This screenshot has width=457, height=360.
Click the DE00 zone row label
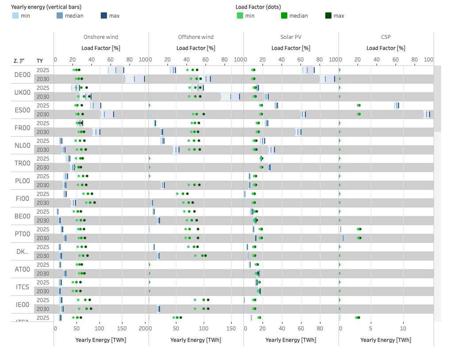click(23, 75)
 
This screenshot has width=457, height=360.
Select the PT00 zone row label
click(23, 234)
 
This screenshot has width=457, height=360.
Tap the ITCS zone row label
click(23, 287)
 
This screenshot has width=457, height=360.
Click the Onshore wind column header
click(101, 37)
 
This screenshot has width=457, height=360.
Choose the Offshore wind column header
click(196, 37)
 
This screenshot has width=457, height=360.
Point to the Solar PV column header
click(291, 37)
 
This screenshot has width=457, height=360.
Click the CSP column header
click(386, 37)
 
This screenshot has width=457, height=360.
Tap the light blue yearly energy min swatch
click(15, 16)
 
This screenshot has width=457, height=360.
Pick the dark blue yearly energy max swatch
click(104, 16)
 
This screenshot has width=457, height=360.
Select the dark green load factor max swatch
click(328, 16)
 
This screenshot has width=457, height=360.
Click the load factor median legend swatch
click(284, 16)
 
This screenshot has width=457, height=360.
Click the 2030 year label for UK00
click(43, 97)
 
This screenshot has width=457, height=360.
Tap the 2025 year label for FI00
click(43, 194)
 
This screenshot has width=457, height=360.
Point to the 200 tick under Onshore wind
click(144, 329)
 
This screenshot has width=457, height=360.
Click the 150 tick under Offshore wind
click(231, 329)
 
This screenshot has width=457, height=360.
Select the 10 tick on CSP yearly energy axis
click(403, 329)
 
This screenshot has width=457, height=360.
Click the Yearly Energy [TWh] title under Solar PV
click(291, 340)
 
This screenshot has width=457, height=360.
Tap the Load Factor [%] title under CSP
click(386, 48)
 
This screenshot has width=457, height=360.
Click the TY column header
click(40, 61)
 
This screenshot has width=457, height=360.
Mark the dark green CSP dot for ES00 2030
click(359, 115)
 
